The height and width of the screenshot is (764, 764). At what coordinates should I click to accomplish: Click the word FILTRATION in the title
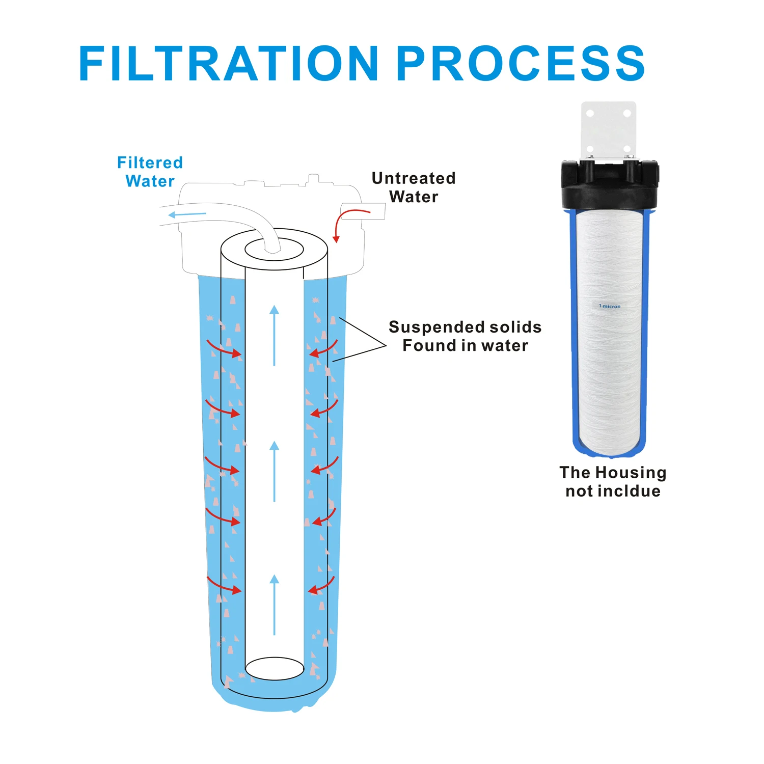coord(228,63)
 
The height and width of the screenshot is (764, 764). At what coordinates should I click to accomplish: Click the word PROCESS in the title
coord(521,63)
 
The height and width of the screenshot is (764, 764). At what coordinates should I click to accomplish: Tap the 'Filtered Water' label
coord(150,172)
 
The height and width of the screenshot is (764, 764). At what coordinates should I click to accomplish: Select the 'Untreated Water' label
coord(414,187)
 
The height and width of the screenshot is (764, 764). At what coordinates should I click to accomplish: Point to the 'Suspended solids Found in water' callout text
coord(465,336)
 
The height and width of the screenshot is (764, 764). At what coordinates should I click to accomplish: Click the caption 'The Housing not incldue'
coord(613,481)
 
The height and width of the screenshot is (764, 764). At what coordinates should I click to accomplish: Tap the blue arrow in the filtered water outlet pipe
coord(187,214)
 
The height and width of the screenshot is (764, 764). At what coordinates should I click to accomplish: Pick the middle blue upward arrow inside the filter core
coord(274,471)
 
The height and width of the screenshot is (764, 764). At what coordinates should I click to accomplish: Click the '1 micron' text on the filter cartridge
coord(610,306)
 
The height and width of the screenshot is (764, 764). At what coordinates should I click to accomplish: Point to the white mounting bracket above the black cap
coord(609,127)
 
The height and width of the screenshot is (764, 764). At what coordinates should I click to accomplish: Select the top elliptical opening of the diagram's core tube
coord(274,250)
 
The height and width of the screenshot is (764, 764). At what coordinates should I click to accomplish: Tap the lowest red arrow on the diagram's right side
coord(321,586)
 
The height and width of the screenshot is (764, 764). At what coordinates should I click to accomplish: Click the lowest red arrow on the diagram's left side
coord(224,586)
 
